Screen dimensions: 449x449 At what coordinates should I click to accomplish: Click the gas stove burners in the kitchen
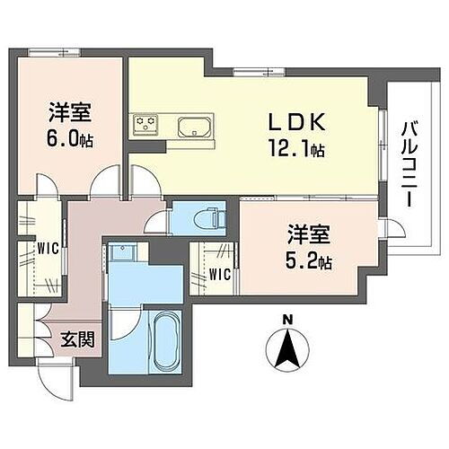(x=145, y=124)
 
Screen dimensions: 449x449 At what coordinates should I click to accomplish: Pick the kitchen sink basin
(x=193, y=126)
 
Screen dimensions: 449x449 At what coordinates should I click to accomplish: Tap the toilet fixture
(x=209, y=218)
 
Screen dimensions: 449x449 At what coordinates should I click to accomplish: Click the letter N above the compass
(x=287, y=320)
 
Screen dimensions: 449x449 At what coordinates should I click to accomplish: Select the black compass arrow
(x=287, y=349)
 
